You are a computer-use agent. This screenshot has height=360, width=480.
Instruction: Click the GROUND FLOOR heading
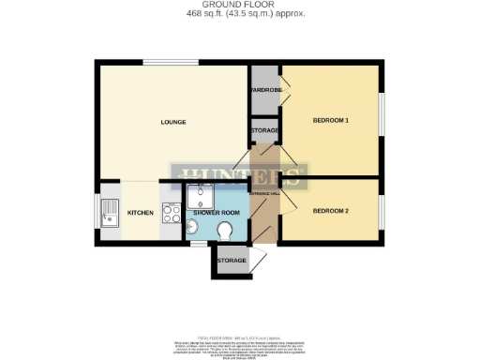tap(240, 5)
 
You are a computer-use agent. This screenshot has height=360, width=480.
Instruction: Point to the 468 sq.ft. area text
tap(240, 13)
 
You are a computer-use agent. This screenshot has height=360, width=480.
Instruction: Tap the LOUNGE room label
tap(172, 123)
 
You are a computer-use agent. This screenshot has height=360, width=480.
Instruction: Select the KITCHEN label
tap(141, 214)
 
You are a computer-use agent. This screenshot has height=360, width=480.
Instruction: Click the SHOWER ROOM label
tap(217, 214)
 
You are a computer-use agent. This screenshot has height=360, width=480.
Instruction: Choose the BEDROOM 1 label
tap(330, 120)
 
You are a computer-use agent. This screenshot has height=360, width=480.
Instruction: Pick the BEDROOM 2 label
tap(330, 210)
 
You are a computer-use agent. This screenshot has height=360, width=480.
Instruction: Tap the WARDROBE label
tap(264, 90)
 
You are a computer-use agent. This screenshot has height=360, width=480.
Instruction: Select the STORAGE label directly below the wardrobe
tap(263, 130)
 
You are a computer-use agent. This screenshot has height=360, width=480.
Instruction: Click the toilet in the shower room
tap(224, 232)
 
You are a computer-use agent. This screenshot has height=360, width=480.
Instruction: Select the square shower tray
tap(200, 196)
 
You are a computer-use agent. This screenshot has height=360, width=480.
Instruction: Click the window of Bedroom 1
tap(382, 119)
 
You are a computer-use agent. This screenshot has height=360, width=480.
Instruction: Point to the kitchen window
tap(96, 213)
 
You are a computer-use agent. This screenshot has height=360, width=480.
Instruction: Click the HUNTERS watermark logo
tap(240, 175)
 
